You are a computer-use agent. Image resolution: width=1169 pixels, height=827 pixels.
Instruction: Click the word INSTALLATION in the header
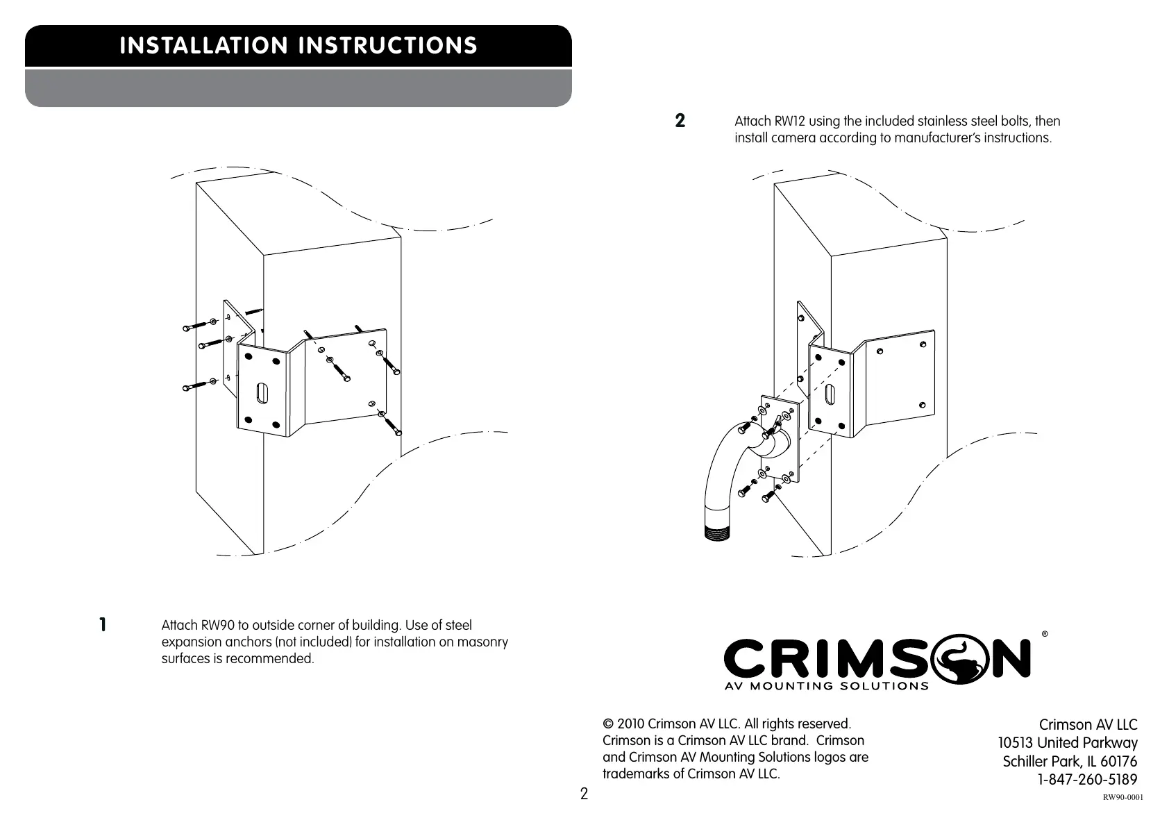[203, 46]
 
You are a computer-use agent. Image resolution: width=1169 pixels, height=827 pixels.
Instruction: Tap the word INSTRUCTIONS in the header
[387, 46]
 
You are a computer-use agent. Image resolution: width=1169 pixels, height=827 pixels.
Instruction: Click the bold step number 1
[103, 624]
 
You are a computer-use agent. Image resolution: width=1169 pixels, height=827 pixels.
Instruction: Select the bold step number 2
[680, 121]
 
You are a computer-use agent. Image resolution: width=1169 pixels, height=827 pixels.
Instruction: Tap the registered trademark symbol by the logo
[1045, 634]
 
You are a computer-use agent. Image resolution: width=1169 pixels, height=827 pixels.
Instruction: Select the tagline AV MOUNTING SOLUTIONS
[826, 686]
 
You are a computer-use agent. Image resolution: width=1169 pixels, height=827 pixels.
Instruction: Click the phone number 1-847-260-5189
[1087, 779]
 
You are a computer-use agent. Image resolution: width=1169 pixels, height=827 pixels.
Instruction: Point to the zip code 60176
[1119, 762]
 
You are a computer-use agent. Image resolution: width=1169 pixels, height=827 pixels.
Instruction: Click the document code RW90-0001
[1122, 797]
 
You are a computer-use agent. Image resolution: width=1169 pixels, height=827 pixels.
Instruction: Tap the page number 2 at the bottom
[584, 794]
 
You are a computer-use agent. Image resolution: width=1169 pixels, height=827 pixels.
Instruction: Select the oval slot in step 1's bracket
[261, 394]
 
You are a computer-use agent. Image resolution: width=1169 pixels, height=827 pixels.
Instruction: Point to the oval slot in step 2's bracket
[829, 395]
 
